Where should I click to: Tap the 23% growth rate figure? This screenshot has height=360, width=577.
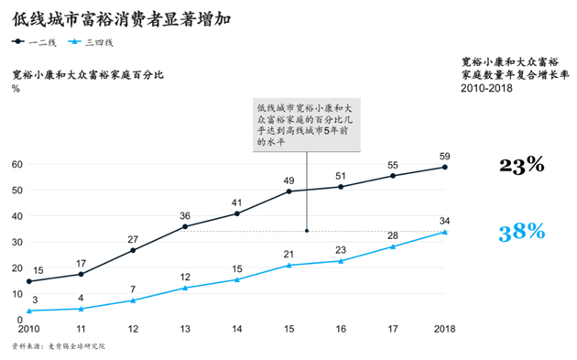pos(521,165)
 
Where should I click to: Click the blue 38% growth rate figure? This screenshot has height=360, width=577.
pos(521,232)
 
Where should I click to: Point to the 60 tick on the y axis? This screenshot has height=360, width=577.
pos(16,164)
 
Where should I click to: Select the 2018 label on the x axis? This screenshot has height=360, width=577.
pos(445,329)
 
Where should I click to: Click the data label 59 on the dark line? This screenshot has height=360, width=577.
pos(445,155)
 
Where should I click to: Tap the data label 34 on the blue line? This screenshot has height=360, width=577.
pos(445,220)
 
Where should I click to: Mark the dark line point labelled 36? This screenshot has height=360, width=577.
pos(185,226)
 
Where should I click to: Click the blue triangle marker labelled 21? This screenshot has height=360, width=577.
pos(289,265)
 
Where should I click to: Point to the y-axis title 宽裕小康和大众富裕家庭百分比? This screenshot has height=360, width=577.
pos(87,74)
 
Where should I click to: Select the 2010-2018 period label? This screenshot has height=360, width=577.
pos(486,89)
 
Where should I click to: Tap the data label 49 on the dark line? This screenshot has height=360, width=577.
pos(289,180)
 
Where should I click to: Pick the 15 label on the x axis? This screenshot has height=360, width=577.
pos(289,329)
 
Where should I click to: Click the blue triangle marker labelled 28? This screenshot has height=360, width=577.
pos(393,246)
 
